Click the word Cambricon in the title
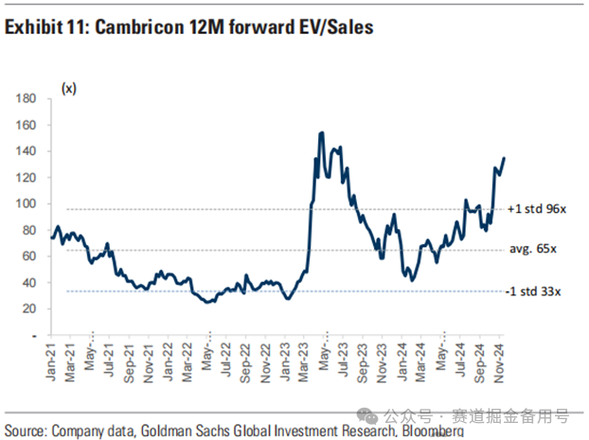[139, 27]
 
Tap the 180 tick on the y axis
[26, 98]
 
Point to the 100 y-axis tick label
[26, 203]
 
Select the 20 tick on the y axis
[29, 308]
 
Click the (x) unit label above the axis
[69, 89]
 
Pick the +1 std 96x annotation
[536, 209]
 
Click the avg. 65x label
[533, 249]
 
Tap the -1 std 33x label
[533, 291]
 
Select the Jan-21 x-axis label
[51, 361]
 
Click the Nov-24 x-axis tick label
[498, 362]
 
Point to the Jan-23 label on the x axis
[285, 361]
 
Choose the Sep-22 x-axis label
[245, 362]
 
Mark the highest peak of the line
[322, 132]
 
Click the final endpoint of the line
[504, 158]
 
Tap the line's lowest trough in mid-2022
[207, 302]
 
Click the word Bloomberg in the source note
[433, 431]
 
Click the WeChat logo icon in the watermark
[367, 415]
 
